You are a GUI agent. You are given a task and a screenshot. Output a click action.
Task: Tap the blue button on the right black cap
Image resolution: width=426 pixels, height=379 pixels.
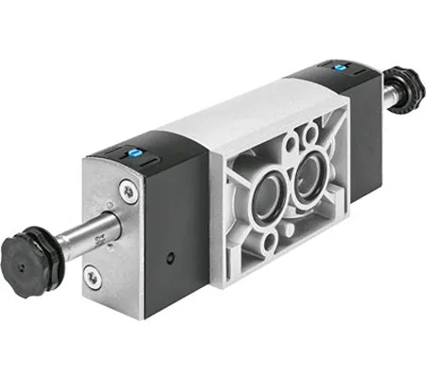(x=337, y=67)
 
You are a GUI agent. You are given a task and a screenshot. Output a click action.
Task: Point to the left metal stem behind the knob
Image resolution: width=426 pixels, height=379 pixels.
(x=91, y=231)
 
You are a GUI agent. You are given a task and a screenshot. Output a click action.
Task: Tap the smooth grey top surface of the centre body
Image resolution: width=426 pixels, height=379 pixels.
(x=237, y=118)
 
